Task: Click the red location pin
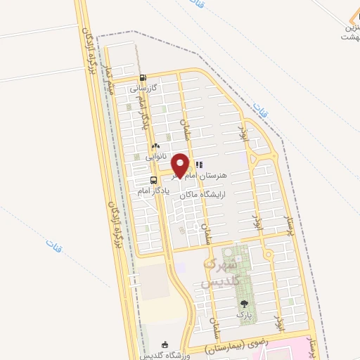pos(180,165)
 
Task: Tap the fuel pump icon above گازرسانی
pos(143,78)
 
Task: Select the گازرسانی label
pos(146,89)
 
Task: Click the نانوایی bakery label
pos(156,156)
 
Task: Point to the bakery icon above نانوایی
pos(155,146)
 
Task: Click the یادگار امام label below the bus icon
pos(153,190)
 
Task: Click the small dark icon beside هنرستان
pos(199,164)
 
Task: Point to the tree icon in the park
pos(244,304)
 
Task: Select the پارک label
pos(244,316)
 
